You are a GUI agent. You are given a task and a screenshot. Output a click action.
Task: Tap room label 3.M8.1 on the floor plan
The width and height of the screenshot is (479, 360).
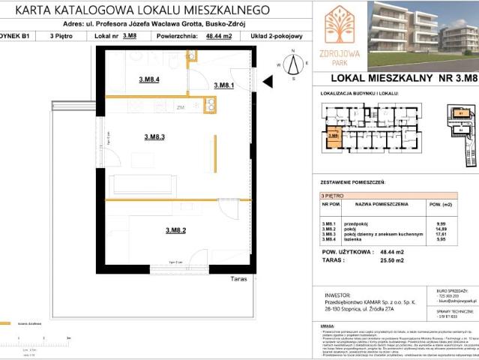point(224,85)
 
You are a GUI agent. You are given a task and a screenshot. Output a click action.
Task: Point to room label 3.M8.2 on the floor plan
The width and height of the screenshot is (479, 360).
point(175,230)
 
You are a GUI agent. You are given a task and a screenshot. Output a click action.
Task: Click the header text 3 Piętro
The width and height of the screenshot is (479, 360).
point(62,34)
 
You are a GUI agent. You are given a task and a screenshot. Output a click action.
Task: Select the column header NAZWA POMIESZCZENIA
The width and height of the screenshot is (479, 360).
point(382,203)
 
